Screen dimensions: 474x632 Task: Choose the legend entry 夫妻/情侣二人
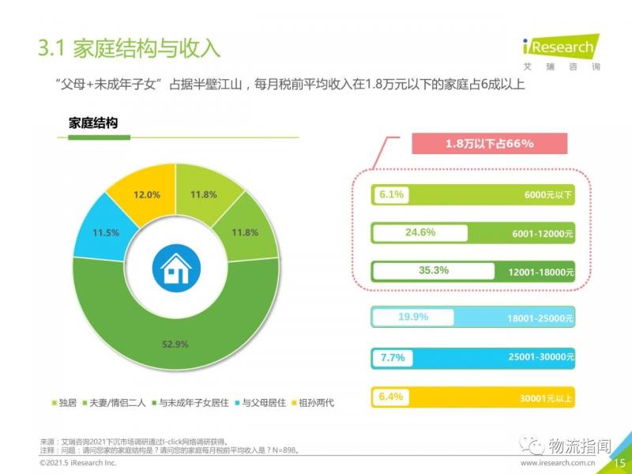(116, 403)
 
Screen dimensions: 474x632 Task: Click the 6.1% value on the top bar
(392, 194)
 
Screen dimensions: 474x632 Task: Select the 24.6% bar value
(420, 232)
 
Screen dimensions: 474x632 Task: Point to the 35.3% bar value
(434, 270)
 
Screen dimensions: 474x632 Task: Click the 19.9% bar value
(412, 317)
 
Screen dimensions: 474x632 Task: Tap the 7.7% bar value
(393, 357)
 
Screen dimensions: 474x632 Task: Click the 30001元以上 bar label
(546, 397)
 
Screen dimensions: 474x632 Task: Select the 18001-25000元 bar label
(540, 318)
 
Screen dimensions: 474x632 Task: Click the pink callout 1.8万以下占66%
(489, 144)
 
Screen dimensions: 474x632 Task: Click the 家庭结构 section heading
(92, 123)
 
